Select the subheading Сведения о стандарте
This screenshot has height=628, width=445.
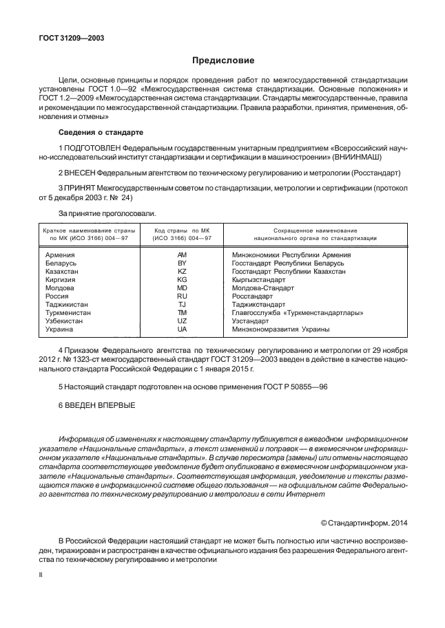click(101, 131)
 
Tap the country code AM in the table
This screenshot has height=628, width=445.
click(182, 255)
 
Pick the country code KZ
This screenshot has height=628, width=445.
click(182, 272)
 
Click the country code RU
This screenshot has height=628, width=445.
click(182, 296)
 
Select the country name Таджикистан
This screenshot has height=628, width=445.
click(67, 305)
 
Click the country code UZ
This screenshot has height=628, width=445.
click(182, 321)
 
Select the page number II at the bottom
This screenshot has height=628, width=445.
click(41, 573)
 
